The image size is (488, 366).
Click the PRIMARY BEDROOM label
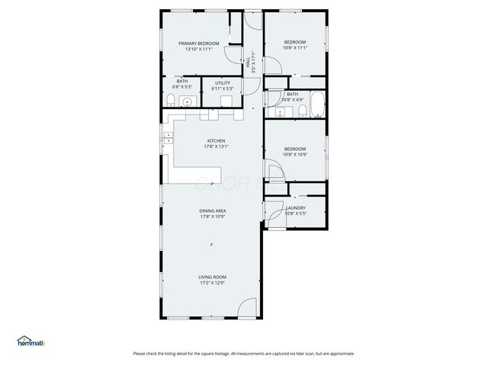199,43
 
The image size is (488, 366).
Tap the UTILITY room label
223,82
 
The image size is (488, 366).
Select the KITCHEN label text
217,140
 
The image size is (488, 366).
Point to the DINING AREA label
213,210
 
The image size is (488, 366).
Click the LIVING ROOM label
213,277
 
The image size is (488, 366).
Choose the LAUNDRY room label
295,207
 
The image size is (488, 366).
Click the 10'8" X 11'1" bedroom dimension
295,47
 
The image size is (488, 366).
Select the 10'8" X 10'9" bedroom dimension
295,155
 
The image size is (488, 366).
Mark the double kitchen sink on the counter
167,138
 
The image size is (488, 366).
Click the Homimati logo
31,341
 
